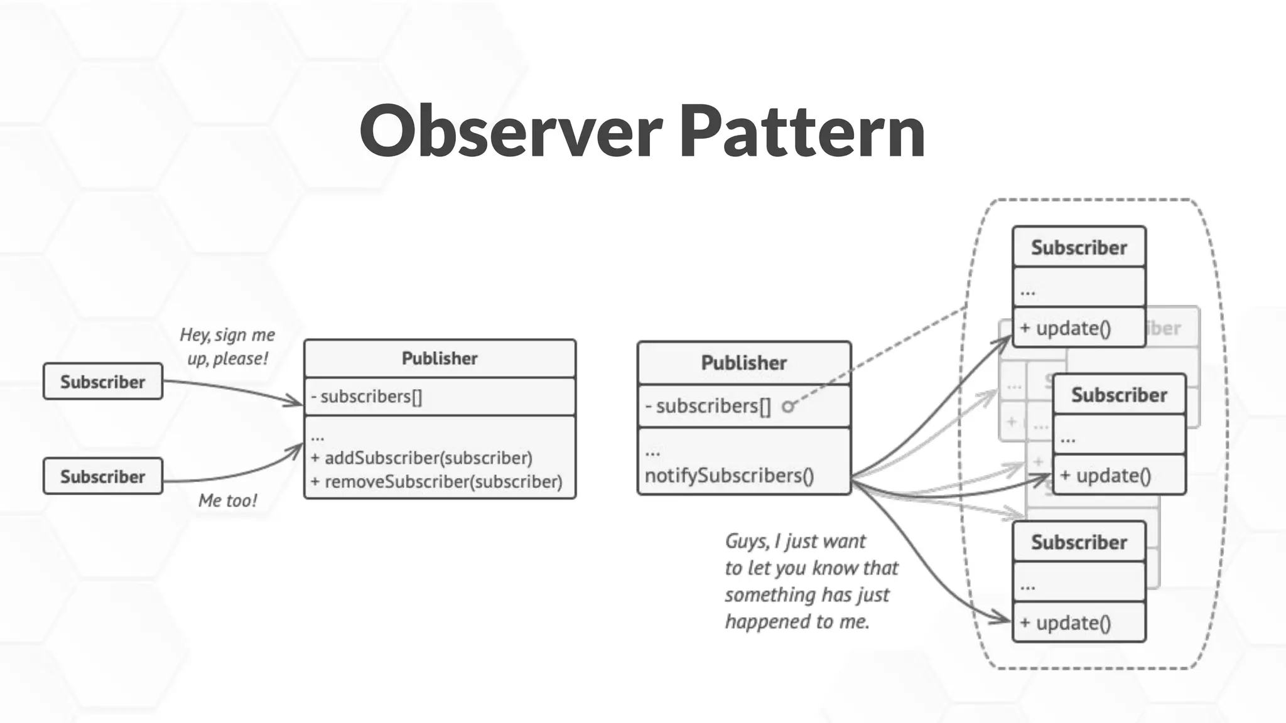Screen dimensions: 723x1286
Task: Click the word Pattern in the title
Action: pos(802,132)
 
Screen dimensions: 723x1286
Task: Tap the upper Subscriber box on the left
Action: pos(103,382)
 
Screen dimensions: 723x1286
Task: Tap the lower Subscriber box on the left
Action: pos(103,476)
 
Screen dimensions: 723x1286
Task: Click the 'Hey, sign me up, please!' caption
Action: pos(227,346)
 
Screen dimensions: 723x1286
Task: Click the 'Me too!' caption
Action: pos(227,500)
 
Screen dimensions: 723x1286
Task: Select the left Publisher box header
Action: pos(440,358)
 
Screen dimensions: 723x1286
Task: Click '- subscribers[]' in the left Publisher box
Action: pos(367,397)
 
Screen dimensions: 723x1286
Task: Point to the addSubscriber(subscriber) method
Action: pos(422,458)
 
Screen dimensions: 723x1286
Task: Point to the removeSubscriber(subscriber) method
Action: pos(437,482)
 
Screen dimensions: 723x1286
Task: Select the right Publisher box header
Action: pos(743,363)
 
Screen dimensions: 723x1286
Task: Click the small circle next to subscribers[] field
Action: pos(787,407)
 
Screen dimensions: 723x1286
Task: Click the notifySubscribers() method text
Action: pos(729,476)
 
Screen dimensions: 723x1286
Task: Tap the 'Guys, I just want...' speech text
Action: pos(810,581)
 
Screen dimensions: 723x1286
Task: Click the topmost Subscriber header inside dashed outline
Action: pos(1079,247)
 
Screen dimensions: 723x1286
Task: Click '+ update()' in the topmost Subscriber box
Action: pos(1066,328)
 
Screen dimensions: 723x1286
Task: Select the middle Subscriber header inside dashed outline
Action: pos(1119,395)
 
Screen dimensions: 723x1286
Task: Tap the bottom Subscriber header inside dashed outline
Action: pos(1079,542)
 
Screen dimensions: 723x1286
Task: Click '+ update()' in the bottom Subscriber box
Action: pos(1066,623)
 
